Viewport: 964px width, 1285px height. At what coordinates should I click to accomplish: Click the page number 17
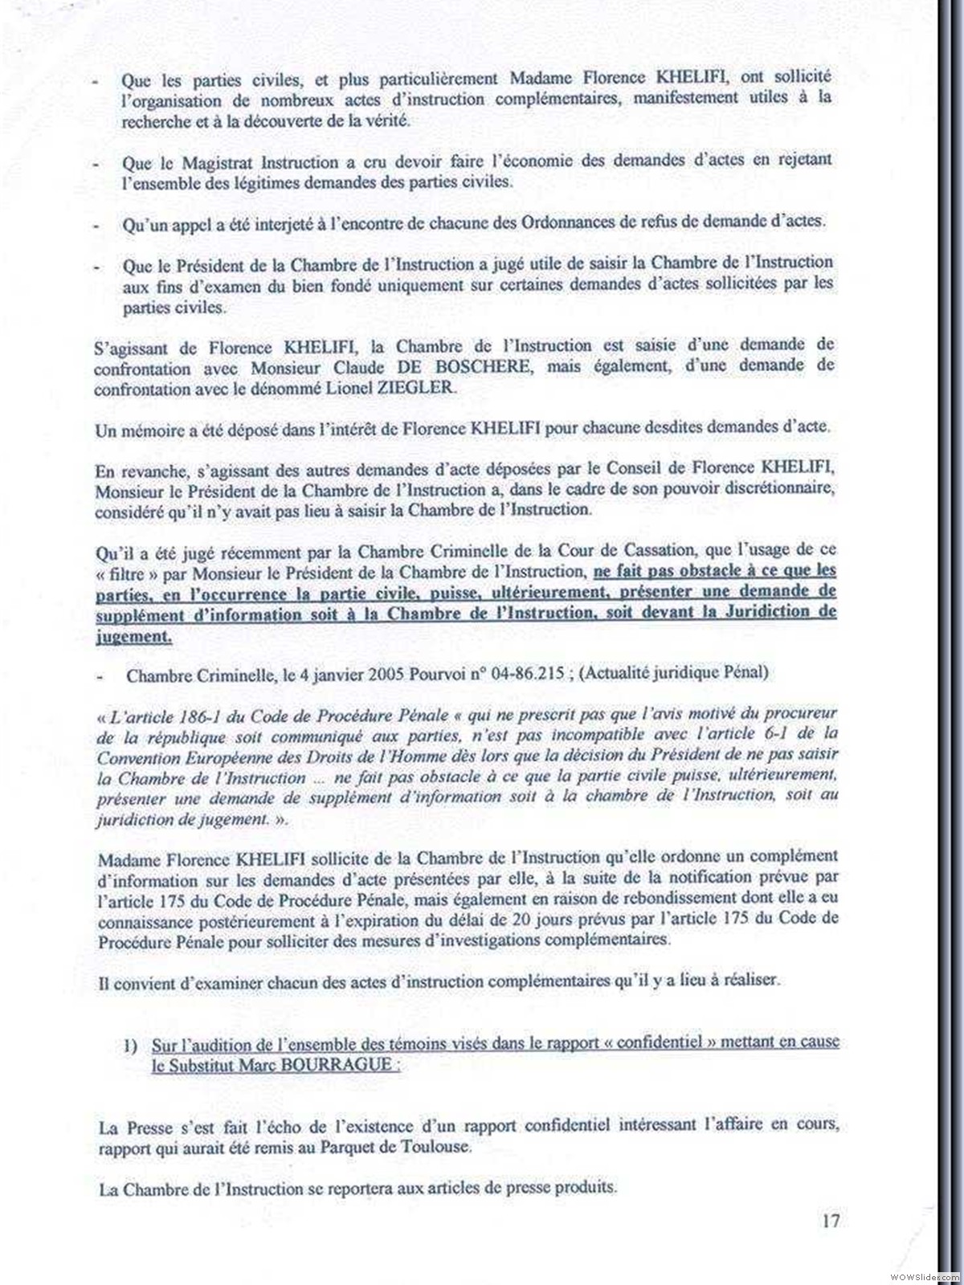tap(831, 1221)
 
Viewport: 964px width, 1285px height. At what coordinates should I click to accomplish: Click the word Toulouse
tap(431, 1147)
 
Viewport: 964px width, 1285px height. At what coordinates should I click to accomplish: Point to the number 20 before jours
tap(525, 920)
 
